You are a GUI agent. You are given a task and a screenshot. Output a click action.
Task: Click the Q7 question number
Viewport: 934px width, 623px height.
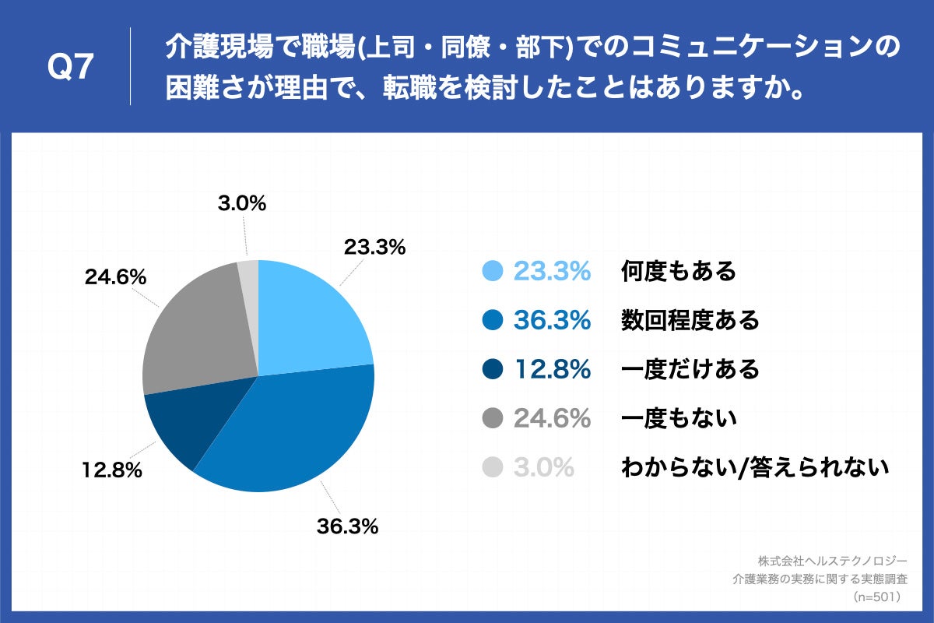(x=71, y=68)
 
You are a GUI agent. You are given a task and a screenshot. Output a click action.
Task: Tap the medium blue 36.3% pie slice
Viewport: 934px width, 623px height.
(x=296, y=428)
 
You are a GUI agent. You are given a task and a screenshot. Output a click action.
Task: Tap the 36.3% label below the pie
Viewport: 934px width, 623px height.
(x=347, y=526)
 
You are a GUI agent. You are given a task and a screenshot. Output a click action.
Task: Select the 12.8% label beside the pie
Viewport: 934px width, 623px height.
(x=111, y=470)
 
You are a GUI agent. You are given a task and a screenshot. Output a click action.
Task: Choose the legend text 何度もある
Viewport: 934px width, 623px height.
(x=678, y=271)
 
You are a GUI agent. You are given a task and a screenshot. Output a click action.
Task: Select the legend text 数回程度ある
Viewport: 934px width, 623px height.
(x=690, y=320)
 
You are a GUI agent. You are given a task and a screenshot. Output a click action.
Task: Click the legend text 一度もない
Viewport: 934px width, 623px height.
(x=678, y=418)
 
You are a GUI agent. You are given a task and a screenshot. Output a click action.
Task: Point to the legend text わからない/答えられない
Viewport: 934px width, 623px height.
(x=754, y=467)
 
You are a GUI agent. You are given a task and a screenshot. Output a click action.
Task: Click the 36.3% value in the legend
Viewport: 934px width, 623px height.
(x=552, y=320)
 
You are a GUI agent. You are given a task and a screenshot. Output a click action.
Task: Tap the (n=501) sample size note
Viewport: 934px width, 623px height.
(x=876, y=597)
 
